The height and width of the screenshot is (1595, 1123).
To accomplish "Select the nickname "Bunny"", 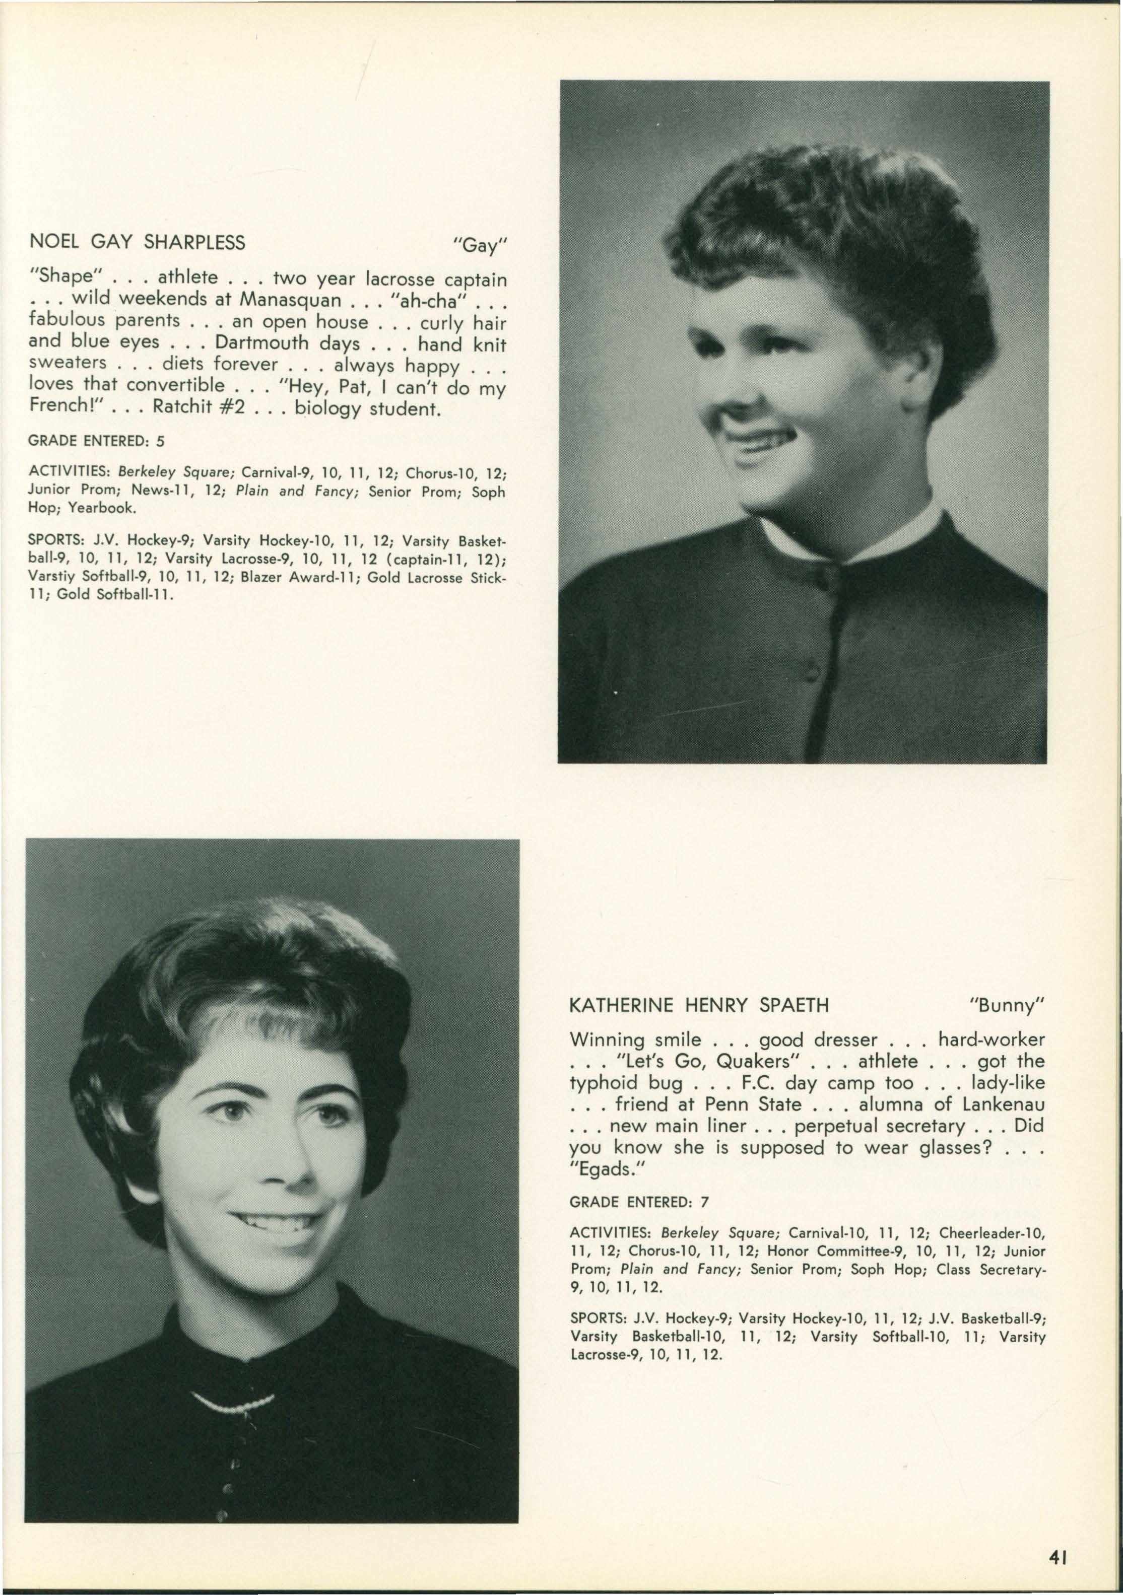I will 1007,1005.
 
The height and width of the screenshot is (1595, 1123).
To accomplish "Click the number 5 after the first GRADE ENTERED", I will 161,441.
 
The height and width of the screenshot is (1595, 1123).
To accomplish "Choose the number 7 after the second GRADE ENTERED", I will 705,1201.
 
